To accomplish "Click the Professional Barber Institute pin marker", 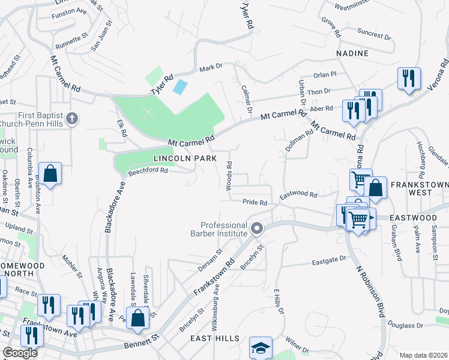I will pos(258,229).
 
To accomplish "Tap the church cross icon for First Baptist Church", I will pos(72,118).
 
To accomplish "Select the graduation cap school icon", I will pos(261,347).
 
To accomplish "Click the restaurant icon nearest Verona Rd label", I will pos(409,79).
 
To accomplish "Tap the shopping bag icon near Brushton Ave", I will pos(50,173).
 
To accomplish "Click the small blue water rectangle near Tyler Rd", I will pos(179,86).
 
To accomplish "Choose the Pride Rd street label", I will pos(255,203).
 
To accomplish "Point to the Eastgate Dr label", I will pos(330,260).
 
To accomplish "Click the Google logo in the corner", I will pos(20,353).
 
